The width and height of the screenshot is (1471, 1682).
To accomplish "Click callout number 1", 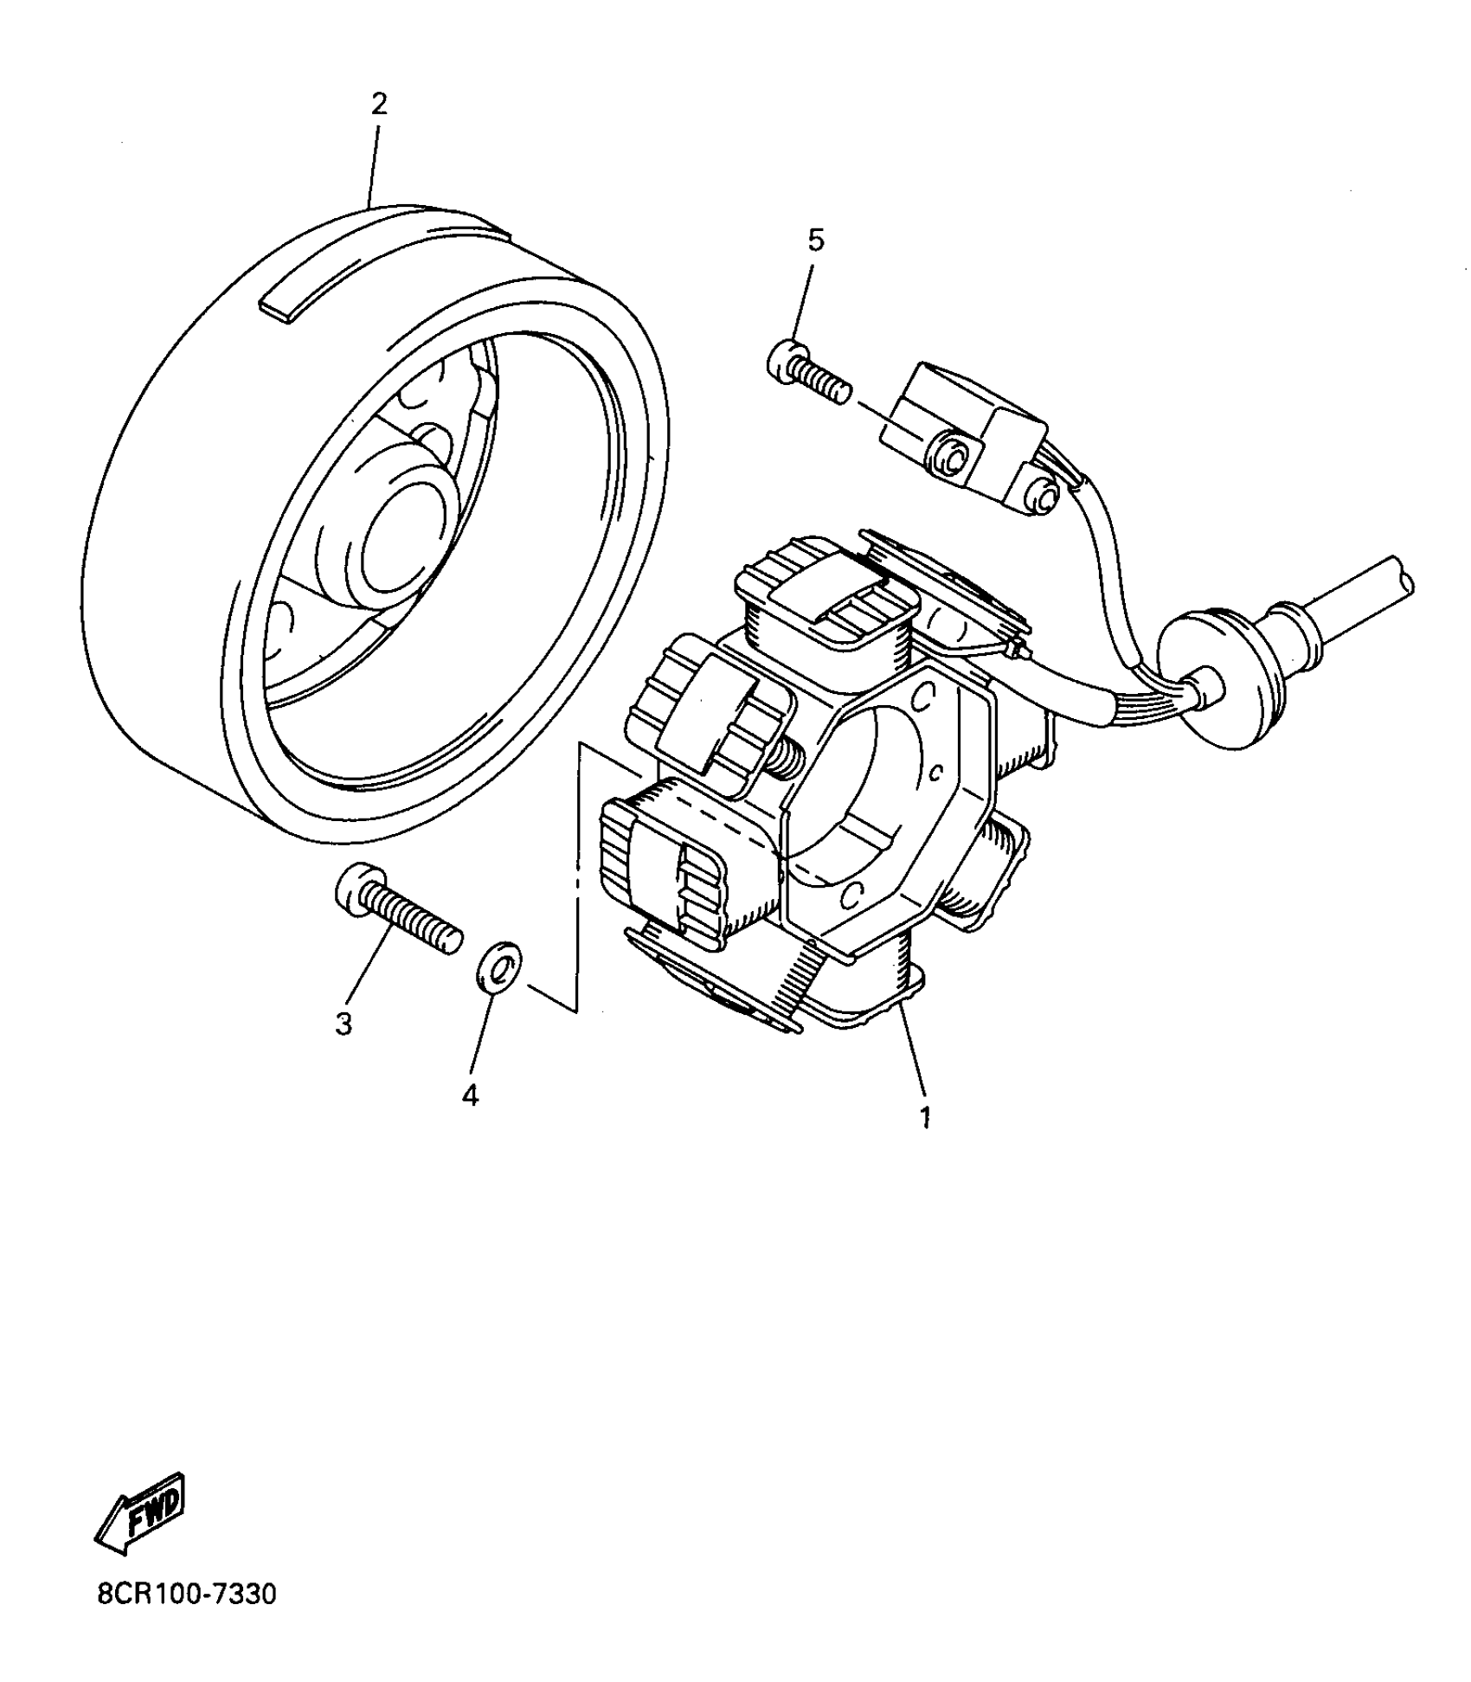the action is [x=925, y=1117].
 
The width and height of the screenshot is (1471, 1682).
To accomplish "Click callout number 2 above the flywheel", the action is [x=378, y=105].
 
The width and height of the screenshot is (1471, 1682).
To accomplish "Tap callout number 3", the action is [x=344, y=1024].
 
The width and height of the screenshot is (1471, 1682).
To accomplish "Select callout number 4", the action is [x=470, y=1095].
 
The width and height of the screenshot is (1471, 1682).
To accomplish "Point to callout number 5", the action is [x=816, y=240].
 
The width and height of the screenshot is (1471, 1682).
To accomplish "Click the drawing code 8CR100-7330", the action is [x=187, y=1618].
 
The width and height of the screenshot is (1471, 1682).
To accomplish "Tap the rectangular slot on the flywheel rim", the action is [x=381, y=275].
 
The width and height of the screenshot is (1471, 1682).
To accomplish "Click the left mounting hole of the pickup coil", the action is [x=952, y=459].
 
